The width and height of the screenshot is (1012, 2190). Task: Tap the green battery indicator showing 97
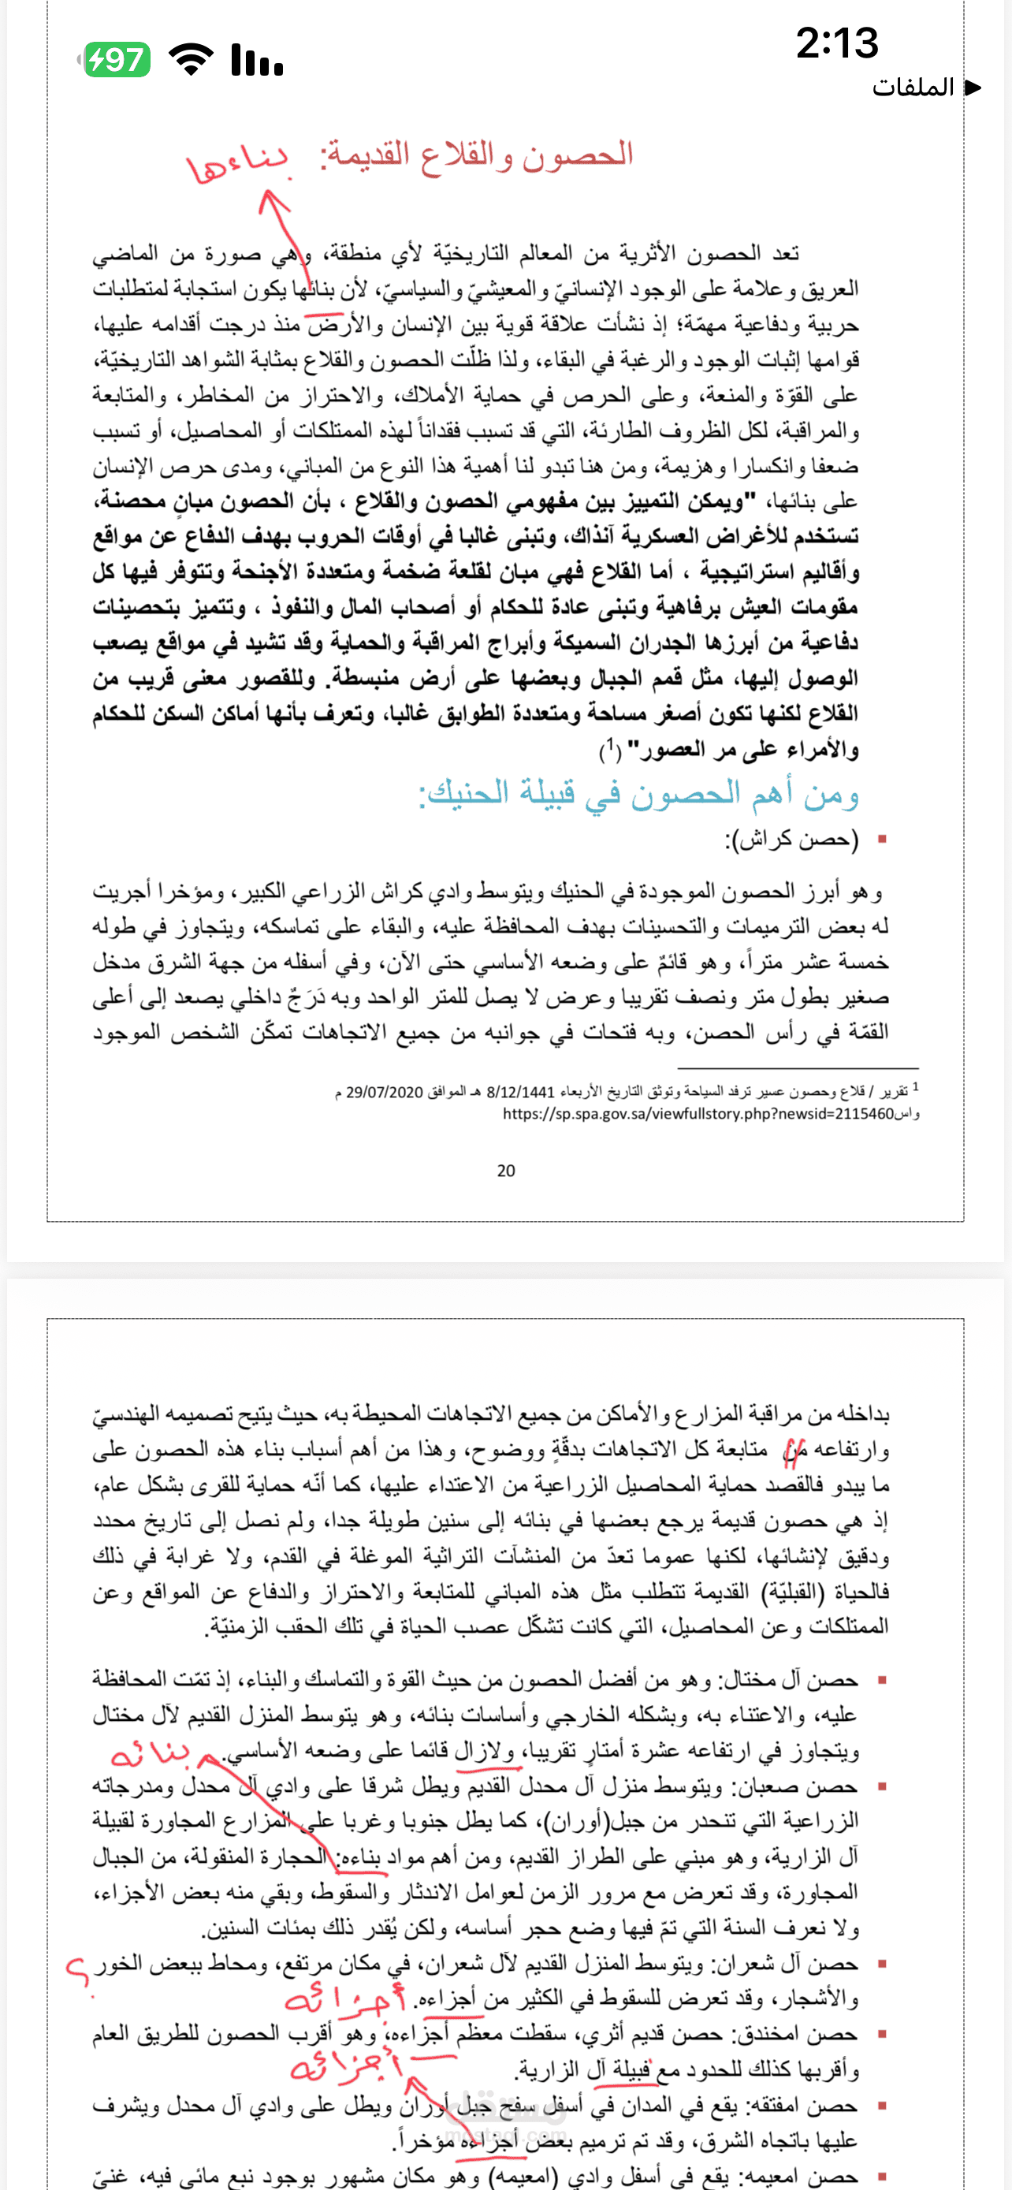coord(118,59)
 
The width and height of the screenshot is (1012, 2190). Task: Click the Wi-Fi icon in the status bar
coord(192,59)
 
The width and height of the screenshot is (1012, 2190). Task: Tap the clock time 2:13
coord(837,43)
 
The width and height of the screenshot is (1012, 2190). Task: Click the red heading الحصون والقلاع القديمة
coord(477,155)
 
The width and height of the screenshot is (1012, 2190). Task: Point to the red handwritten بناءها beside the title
coord(239,162)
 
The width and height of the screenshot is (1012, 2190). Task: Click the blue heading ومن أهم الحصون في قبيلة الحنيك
coord(639,793)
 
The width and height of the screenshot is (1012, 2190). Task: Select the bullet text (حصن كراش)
coord(792,840)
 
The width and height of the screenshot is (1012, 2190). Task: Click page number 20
coord(505,1171)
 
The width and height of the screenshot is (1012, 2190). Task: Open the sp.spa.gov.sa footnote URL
coord(698,1114)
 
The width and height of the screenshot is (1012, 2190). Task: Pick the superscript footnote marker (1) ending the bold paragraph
coord(610,749)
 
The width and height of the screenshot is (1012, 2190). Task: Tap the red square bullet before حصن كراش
coord(882,840)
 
